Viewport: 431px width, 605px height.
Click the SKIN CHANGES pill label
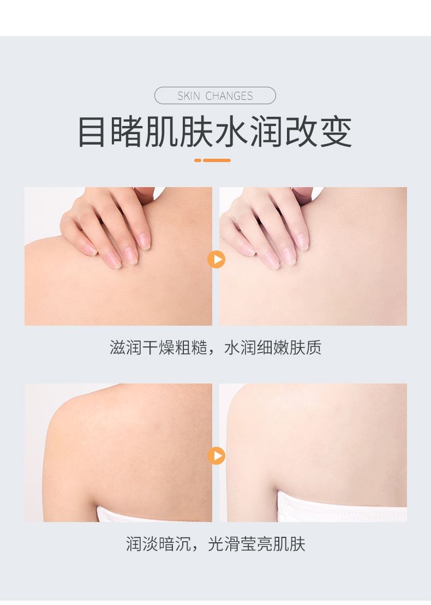pos(215,95)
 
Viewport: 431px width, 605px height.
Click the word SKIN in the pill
pos(189,95)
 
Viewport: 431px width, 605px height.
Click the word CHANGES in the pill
pos(229,95)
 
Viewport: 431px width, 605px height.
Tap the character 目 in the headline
pos(92,131)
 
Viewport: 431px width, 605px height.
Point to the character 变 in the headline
pos(336,131)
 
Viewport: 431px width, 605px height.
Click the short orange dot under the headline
pos(198,160)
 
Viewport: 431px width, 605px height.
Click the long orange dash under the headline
pos(217,160)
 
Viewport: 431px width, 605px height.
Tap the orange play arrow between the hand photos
pos(216,259)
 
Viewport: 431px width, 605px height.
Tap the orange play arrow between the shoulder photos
pos(216,456)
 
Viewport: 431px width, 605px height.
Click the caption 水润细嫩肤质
pos(273,348)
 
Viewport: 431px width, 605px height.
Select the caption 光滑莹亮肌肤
pos(256,544)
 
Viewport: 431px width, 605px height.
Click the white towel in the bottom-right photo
pos(342,506)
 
